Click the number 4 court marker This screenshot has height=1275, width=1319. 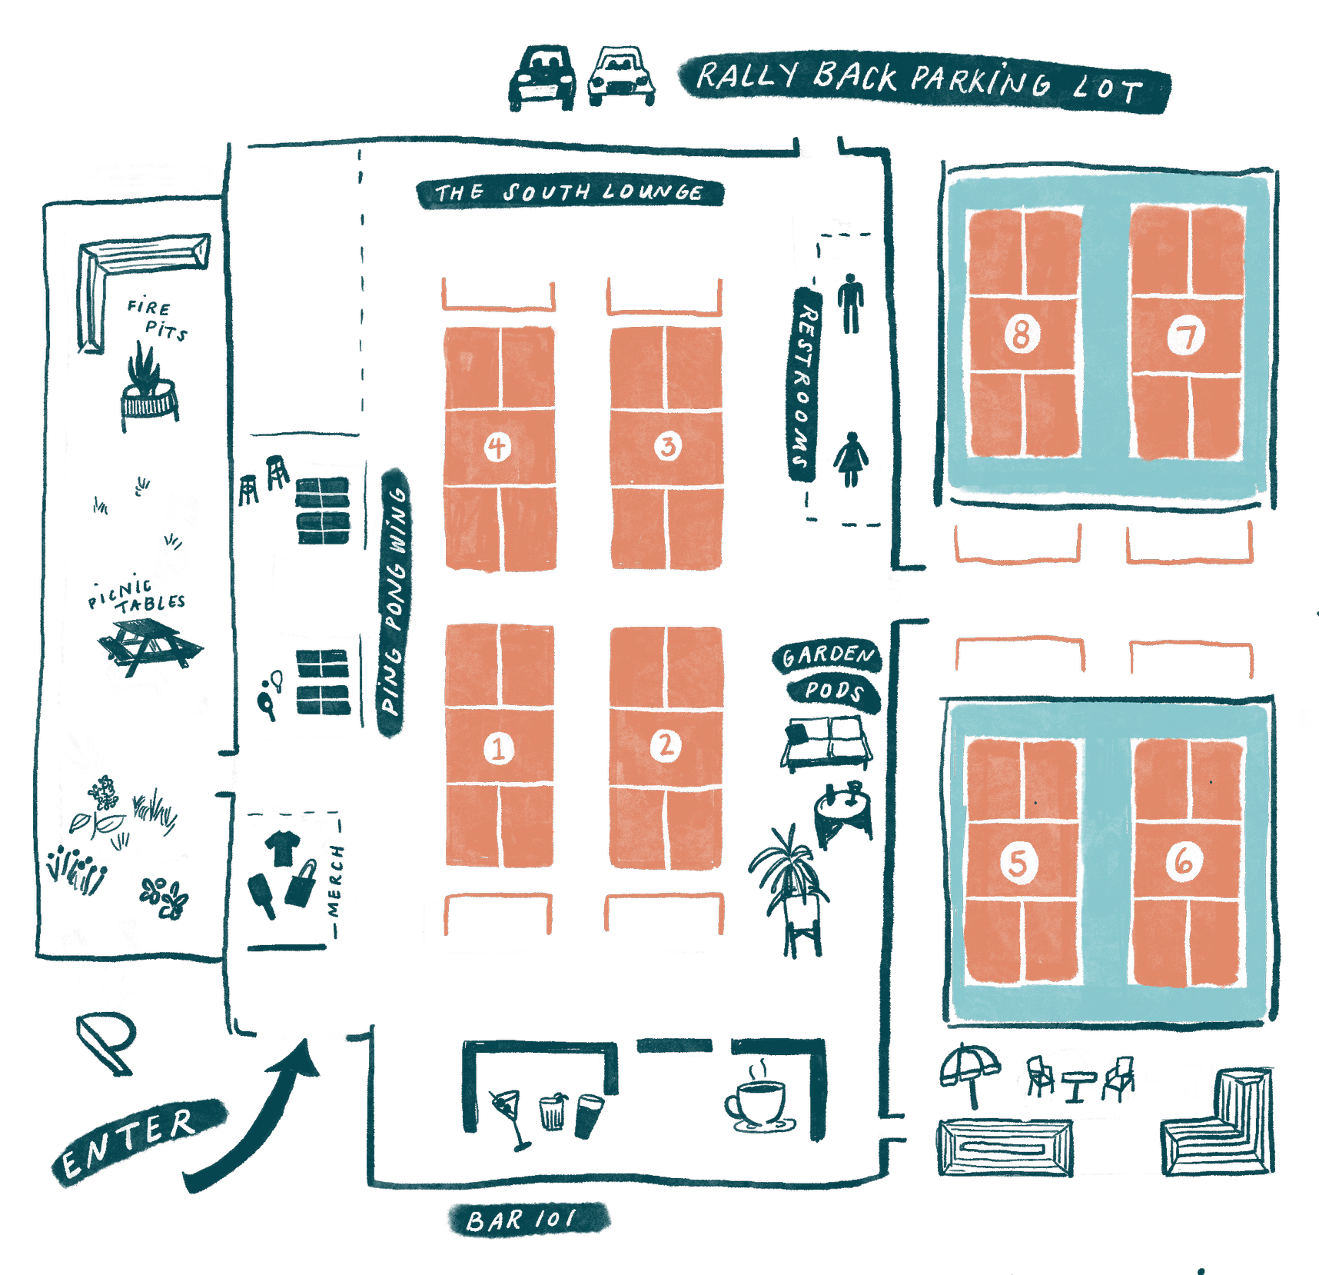(x=497, y=447)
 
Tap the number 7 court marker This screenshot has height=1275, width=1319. (x=1186, y=335)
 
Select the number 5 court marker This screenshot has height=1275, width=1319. (x=1018, y=863)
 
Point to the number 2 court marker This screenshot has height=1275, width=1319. (x=666, y=745)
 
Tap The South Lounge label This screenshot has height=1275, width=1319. (x=570, y=192)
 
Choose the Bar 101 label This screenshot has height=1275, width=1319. (x=528, y=1220)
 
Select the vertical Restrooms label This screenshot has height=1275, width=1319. (x=805, y=384)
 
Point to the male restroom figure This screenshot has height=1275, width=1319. (x=850, y=303)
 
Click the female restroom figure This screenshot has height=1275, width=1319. (x=850, y=459)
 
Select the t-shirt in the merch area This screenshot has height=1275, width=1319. (x=282, y=847)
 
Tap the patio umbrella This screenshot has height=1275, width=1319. (x=970, y=1074)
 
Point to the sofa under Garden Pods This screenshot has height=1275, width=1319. (x=826, y=742)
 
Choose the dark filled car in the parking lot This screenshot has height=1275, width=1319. (x=542, y=78)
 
